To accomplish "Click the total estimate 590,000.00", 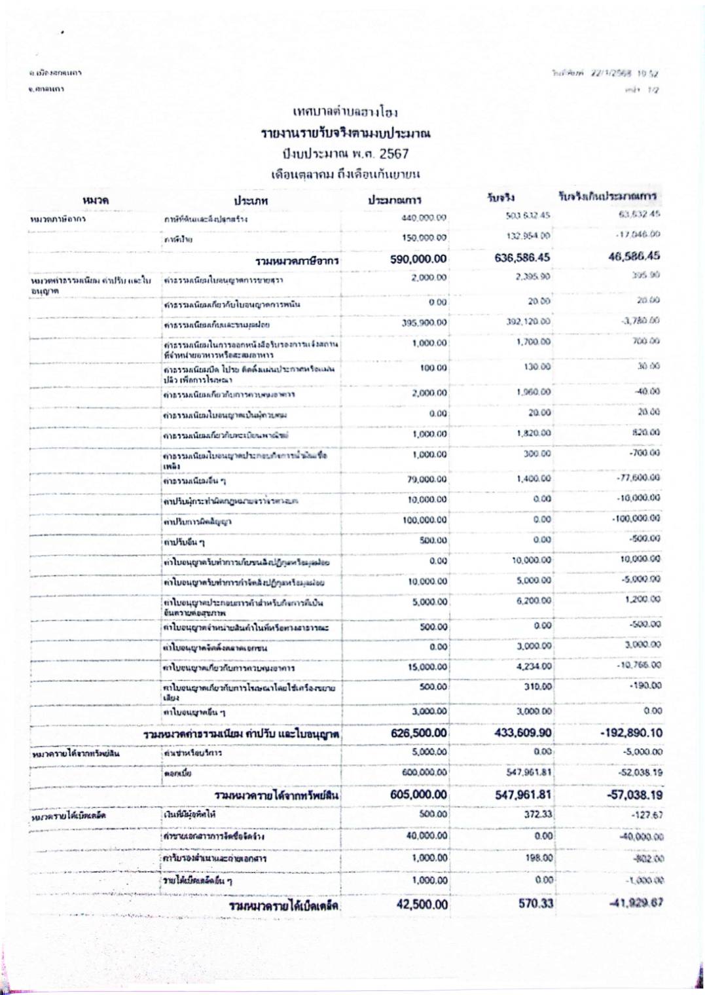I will [418, 259].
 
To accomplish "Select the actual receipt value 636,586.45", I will [522, 258].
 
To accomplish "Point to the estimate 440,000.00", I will [424, 217].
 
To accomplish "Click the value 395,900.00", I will [424, 323].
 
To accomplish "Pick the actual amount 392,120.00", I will [528, 321].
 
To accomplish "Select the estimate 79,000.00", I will [426, 479].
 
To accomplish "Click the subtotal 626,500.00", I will [419, 733].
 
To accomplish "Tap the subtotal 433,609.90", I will [522, 733].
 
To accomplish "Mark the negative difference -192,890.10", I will [631, 733].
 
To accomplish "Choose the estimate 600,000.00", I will [424, 772].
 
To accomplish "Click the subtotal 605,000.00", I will [419, 795].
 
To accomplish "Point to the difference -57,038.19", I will [632, 795].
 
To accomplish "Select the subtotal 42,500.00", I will [422, 905].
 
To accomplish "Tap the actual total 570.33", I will [535, 904].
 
